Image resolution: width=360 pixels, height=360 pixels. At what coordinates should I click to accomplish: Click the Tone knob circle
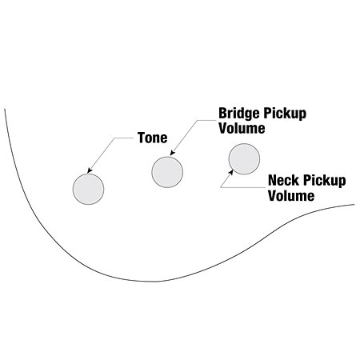click(88, 189)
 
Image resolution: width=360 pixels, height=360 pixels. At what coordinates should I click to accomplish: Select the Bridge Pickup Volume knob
click(167, 172)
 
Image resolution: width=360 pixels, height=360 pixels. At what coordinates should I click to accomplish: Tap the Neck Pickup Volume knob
click(244, 159)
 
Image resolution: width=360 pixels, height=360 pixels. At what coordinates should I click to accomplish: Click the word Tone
click(153, 138)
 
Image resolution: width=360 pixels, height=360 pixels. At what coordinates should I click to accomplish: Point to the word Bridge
click(239, 114)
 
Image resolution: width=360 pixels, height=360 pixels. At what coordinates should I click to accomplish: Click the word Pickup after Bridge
click(285, 114)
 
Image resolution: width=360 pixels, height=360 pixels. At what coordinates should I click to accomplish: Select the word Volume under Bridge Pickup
click(242, 128)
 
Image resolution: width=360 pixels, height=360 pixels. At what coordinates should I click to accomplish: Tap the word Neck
click(283, 180)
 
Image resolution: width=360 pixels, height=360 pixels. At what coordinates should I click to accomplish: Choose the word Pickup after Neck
click(324, 181)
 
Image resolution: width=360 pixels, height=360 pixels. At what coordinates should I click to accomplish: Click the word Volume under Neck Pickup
click(291, 195)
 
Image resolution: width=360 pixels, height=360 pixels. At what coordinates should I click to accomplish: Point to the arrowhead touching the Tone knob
click(90, 170)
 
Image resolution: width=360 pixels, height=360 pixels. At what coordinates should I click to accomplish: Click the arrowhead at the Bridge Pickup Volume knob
click(172, 153)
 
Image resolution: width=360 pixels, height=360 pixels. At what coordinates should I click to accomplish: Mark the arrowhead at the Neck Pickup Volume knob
click(231, 172)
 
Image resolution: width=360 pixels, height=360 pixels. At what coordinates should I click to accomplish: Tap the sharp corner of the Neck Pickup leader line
click(221, 187)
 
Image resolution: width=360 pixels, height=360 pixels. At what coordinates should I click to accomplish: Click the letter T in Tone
click(142, 138)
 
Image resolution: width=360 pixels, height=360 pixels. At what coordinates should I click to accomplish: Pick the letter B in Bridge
click(222, 113)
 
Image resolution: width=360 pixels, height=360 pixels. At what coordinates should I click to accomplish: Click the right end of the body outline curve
click(354, 205)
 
